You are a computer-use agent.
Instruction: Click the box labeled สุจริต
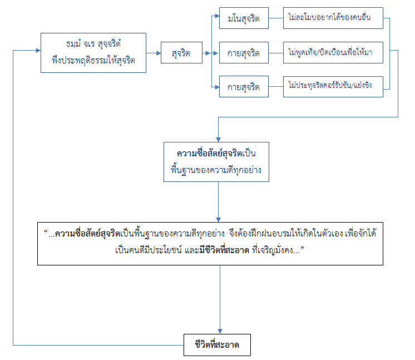[x=182, y=54]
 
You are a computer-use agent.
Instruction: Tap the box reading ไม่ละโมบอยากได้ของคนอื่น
[x=333, y=19]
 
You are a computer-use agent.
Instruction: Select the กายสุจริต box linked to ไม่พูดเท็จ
[x=243, y=54]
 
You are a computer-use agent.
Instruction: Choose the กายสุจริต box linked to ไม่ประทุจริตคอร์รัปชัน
[x=243, y=87]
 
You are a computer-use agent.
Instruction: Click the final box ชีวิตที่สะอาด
[x=218, y=344]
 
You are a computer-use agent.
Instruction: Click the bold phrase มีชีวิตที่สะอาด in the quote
[x=229, y=251]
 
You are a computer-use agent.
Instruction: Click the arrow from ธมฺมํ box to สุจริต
[x=153, y=54]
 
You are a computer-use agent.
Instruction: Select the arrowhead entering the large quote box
[x=219, y=218]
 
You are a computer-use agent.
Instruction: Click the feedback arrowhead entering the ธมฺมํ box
[x=38, y=51]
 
